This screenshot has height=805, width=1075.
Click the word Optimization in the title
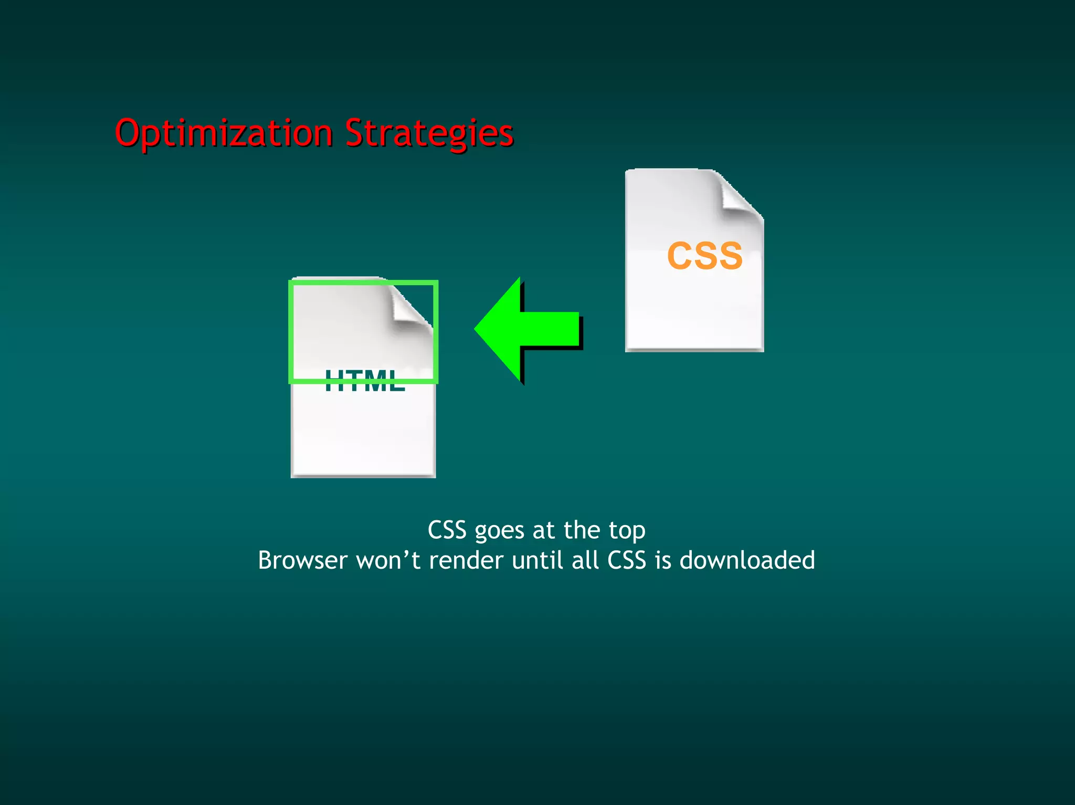pos(224,133)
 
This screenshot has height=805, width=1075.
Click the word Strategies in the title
pos(429,133)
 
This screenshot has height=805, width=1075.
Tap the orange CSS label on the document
pos(704,256)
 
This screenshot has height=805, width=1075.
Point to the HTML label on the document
pos(365,381)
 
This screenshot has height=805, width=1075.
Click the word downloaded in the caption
pos(747,560)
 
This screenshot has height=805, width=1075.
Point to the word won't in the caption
pos(388,560)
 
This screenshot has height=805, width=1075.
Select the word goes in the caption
pos(499,531)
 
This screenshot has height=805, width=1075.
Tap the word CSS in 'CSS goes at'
pos(447,530)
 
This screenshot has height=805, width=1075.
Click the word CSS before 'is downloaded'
pos(627,560)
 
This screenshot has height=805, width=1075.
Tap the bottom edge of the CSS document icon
pos(694,349)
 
